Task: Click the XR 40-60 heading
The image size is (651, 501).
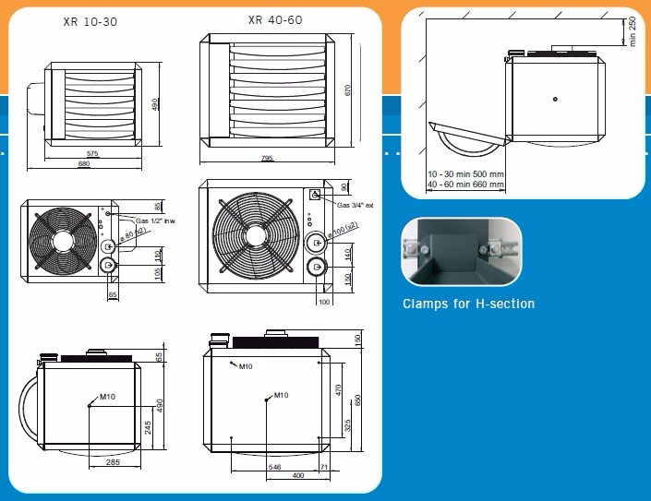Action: point(275,18)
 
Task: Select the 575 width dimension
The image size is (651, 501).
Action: point(92,152)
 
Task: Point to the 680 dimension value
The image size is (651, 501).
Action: point(84,164)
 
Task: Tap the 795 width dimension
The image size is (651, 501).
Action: point(266,158)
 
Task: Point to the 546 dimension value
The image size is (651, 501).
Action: point(274,468)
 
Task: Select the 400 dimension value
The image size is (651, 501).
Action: point(297,476)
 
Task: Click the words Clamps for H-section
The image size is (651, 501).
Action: point(468,304)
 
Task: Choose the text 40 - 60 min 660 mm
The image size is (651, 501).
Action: point(465,184)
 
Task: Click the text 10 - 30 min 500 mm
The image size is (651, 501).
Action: point(465,173)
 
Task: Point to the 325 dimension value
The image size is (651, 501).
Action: point(347,426)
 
